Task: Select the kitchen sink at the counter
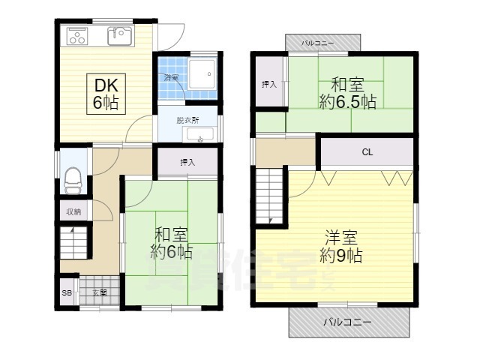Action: point(118,34)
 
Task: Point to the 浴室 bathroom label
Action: point(171,77)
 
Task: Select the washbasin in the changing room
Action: point(200,135)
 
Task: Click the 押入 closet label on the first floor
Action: point(187,162)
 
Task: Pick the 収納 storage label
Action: point(73,212)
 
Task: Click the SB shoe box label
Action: point(67,292)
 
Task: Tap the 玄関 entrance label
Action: point(99,292)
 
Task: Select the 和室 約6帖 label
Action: point(172,241)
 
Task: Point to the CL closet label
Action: point(367,152)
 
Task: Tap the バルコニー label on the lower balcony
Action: point(348,322)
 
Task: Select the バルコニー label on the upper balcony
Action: point(317,44)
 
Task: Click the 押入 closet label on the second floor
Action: point(269,84)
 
